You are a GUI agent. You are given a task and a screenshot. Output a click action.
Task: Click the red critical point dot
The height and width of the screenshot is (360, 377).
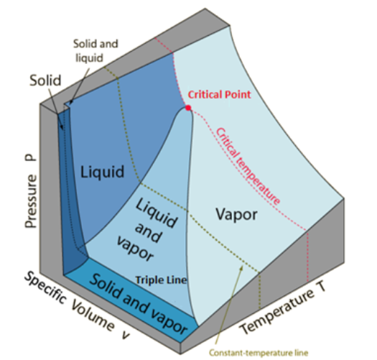188,108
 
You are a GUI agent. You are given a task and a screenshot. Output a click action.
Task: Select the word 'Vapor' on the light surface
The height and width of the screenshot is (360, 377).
234,214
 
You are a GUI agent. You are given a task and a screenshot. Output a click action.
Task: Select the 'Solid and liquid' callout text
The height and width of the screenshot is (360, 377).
95,50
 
